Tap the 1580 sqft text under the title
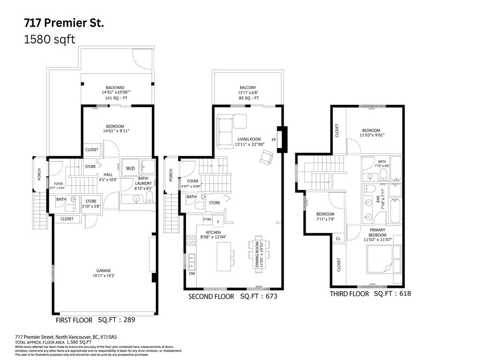pyautogui.click(x=49, y=39)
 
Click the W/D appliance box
pyautogui.click(x=130, y=168)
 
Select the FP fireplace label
pyautogui.click(x=273, y=139)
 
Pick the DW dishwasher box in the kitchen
pyautogui.click(x=192, y=273)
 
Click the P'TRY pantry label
pyautogui.click(x=207, y=220)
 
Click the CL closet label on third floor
pyautogui.click(x=338, y=239)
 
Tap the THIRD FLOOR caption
pyautogui.click(x=349, y=293)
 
